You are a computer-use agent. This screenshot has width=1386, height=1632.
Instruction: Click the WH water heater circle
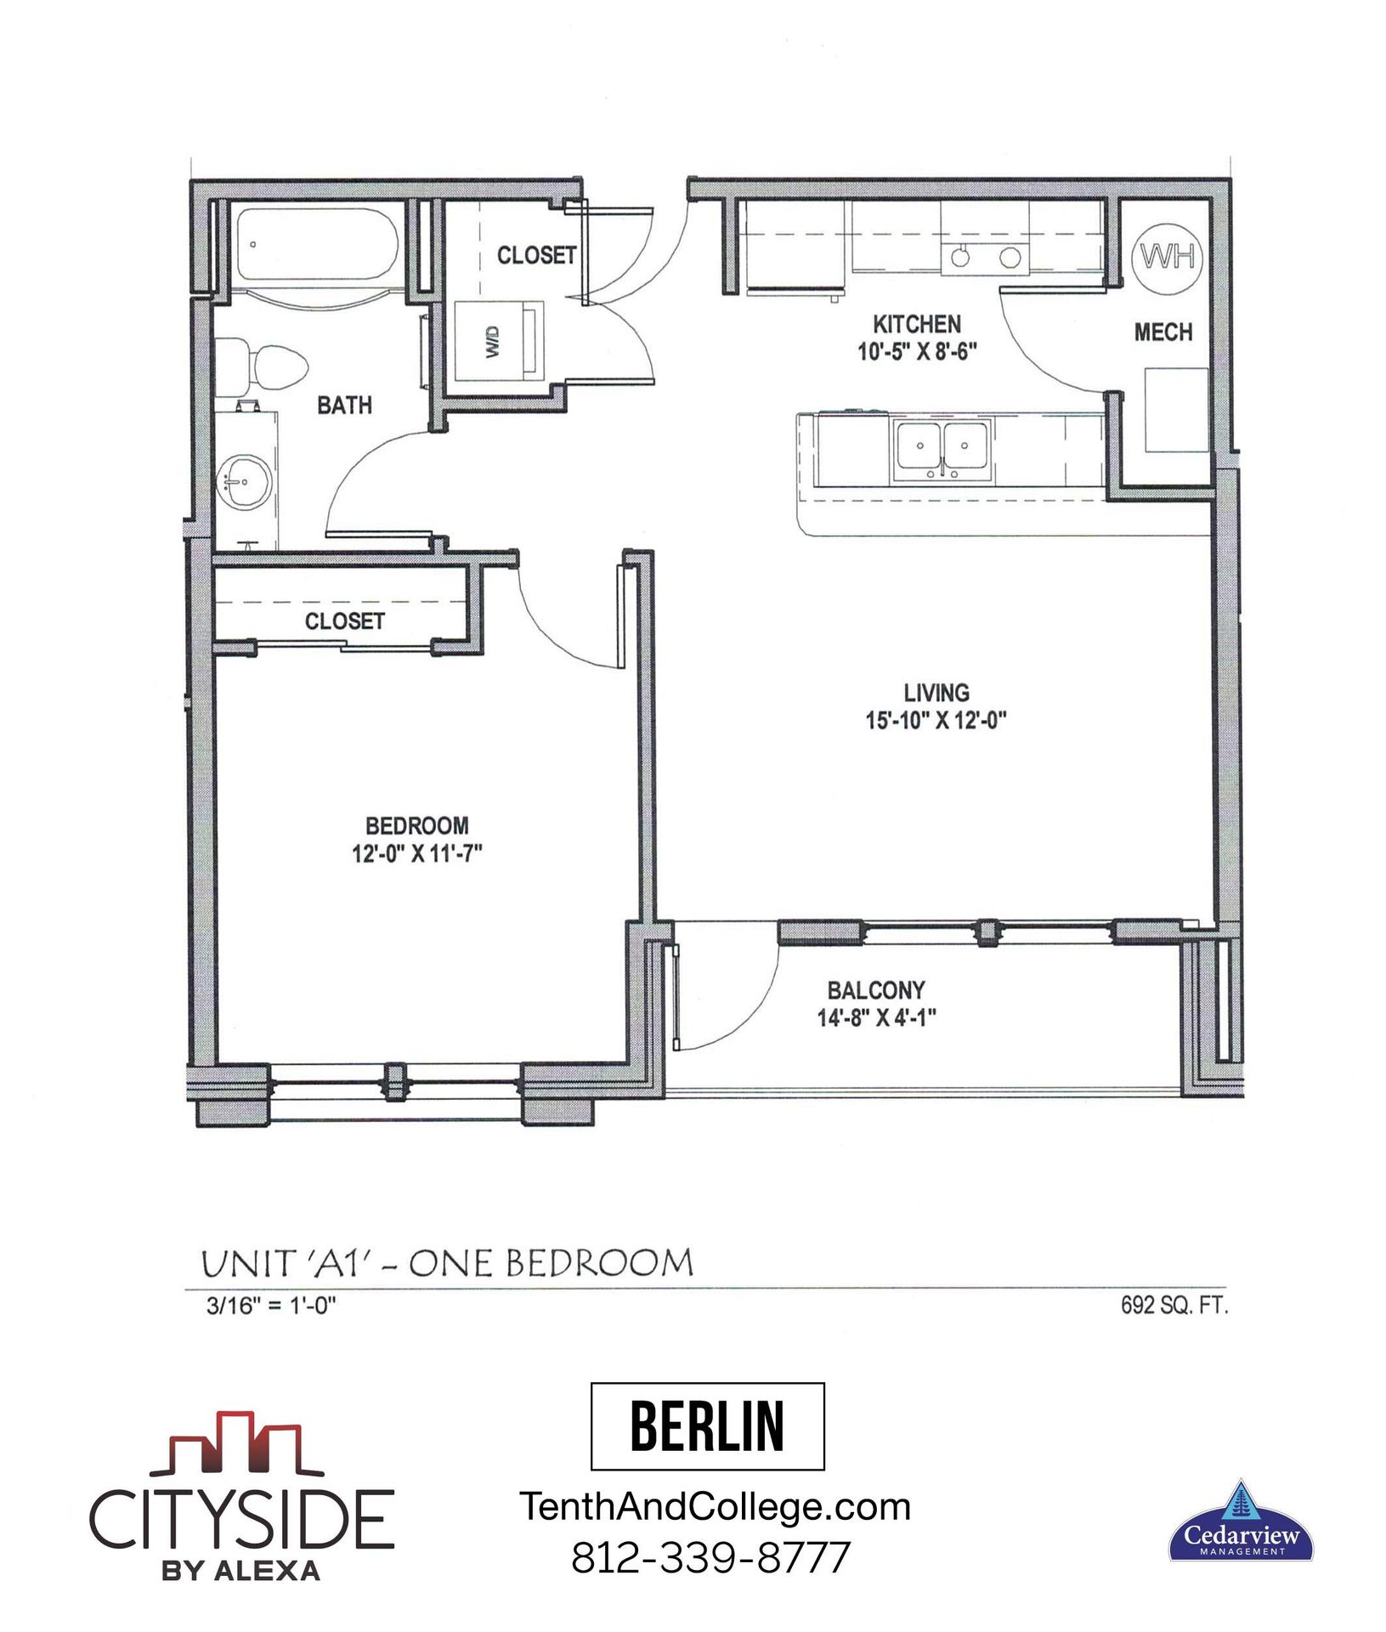(1167, 256)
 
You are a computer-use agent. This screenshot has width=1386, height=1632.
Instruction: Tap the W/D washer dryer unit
(498, 341)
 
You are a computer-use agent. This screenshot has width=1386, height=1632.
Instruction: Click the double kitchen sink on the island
(943, 448)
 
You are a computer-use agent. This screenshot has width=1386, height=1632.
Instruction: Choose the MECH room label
(1163, 332)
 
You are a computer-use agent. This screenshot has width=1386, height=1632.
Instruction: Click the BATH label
(344, 405)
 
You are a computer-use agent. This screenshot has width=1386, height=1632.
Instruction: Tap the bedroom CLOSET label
(344, 621)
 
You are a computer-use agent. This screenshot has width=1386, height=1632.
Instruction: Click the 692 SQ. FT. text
(1174, 1306)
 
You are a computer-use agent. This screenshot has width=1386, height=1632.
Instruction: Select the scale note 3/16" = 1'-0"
(271, 1306)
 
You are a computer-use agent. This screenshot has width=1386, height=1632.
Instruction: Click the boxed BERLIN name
(707, 1426)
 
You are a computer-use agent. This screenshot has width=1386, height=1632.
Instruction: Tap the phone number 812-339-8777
(710, 1557)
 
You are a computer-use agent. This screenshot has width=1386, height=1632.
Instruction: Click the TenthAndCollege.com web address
(715, 1507)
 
